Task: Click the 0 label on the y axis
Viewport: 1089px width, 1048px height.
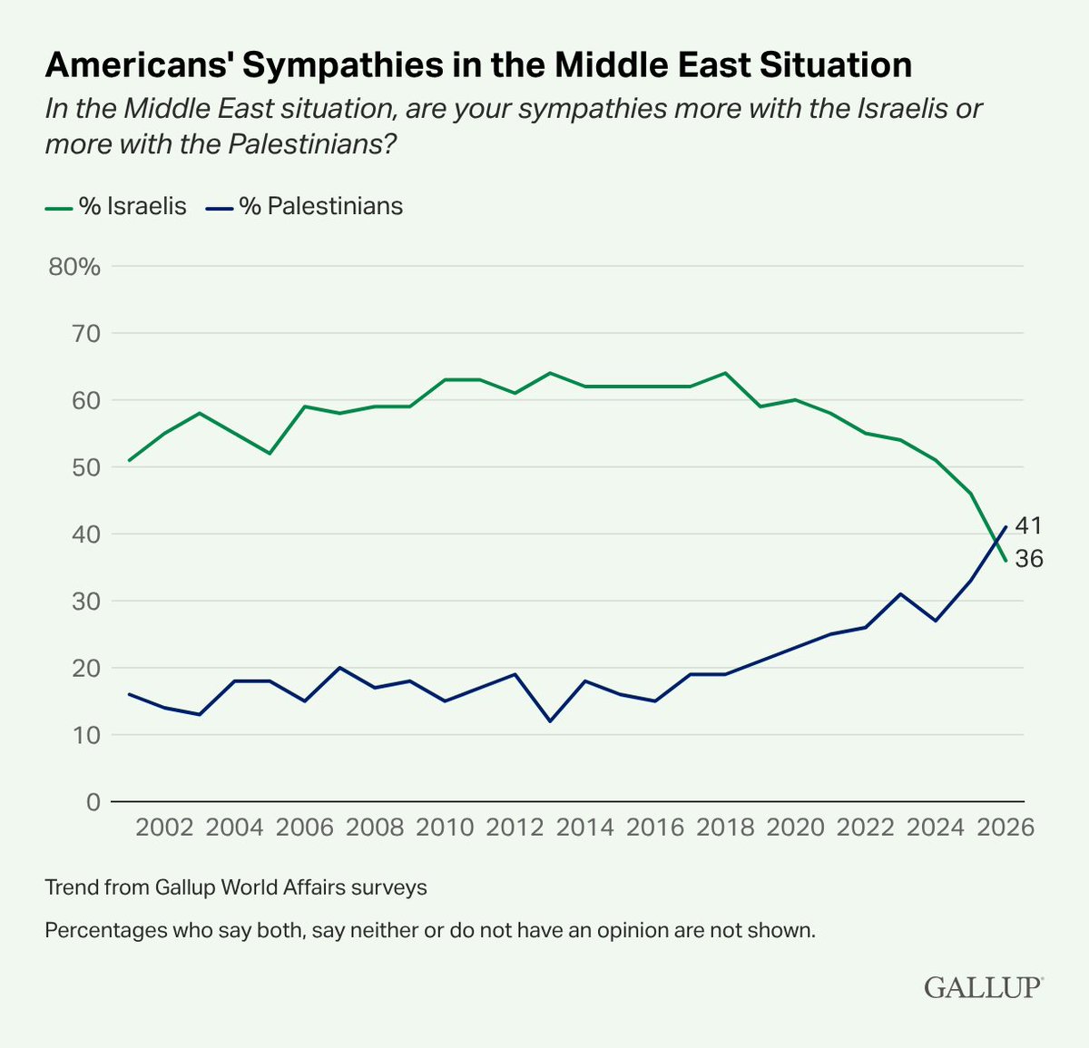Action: click(x=93, y=802)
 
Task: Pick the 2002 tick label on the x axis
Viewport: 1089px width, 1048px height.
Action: click(x=165, y=828)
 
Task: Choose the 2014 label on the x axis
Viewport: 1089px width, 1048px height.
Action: click(x=584, y=828)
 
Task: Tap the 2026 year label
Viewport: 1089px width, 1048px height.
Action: click(x=1005, y=828)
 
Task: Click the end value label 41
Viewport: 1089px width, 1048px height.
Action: click(x=1028, y=526)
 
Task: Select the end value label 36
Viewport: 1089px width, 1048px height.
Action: click(x=1028, y=560)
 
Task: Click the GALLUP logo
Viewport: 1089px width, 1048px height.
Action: click(x=984, y=987)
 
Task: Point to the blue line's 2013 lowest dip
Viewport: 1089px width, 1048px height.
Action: click(x=550, y=721)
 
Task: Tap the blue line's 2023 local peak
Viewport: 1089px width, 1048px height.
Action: click(x=899, y=594)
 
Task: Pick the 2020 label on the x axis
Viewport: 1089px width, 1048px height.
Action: click(x=794, y=828)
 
